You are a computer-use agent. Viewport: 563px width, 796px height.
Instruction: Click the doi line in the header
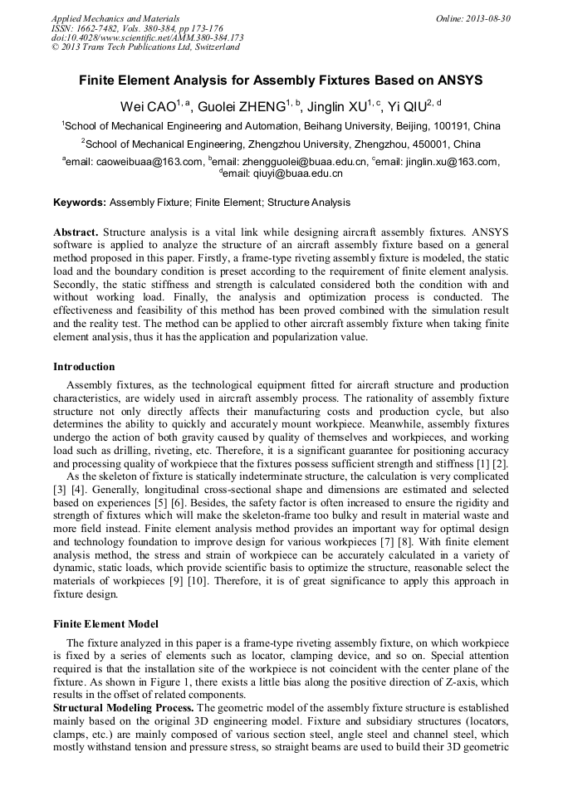[148, 37]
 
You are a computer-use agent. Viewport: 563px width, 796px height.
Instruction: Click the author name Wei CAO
[148, 105]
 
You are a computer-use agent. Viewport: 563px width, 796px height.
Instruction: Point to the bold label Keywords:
[80, 203]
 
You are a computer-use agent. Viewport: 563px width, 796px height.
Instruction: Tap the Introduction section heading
[84, 366]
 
